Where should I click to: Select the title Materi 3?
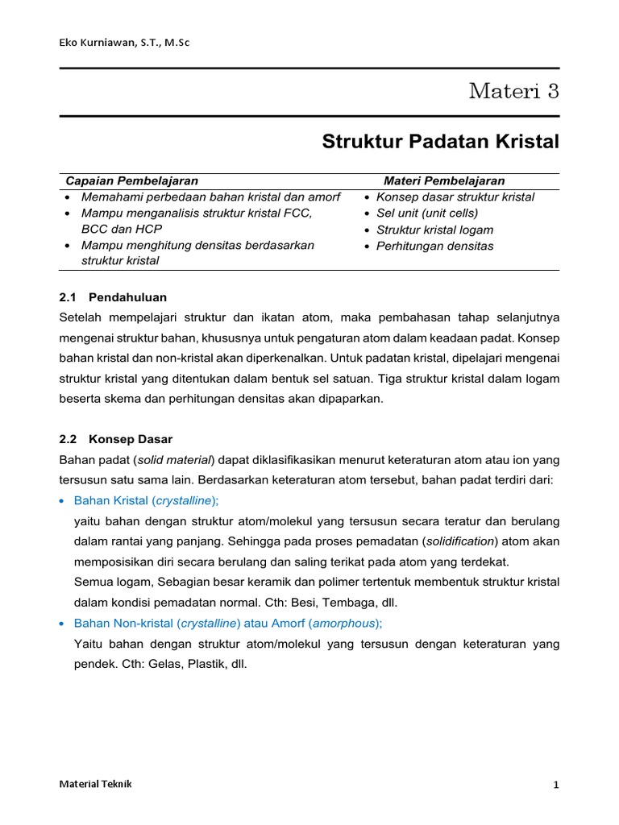513,91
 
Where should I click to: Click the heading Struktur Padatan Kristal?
440,142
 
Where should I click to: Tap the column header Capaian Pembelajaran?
131,180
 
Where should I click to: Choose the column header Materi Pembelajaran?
443,180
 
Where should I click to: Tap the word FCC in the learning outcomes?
298,213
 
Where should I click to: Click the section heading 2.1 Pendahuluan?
113,296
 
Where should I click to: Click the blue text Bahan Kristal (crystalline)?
146,500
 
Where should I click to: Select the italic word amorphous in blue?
342,623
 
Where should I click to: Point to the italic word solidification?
456,541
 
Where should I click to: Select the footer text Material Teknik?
96,784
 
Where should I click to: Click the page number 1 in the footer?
555,786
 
